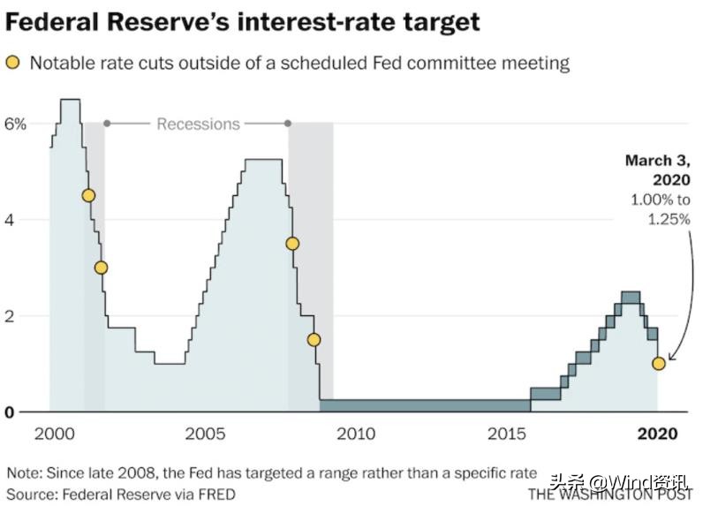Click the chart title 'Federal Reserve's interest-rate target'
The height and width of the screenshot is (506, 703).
click(x=243, y=21)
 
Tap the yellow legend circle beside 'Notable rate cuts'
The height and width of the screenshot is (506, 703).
click(x=12, y=64)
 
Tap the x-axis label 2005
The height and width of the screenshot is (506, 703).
click(x=205, y=434)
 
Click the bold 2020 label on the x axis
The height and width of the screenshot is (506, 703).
click(x=657, y=434)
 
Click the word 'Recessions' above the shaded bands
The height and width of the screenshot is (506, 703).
click(x=198, y=124)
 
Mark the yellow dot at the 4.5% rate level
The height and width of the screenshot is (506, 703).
click(x=87, y=196)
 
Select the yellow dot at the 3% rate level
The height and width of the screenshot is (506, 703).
click(x=101, y=268)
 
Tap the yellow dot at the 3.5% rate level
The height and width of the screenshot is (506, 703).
click(x=292, y=244)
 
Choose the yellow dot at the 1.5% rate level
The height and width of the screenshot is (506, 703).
click(x=314, y=340)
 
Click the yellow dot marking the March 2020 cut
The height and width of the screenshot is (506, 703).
click(x=658, y=364)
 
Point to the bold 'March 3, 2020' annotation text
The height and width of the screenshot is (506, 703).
click(x=658, y=170)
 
